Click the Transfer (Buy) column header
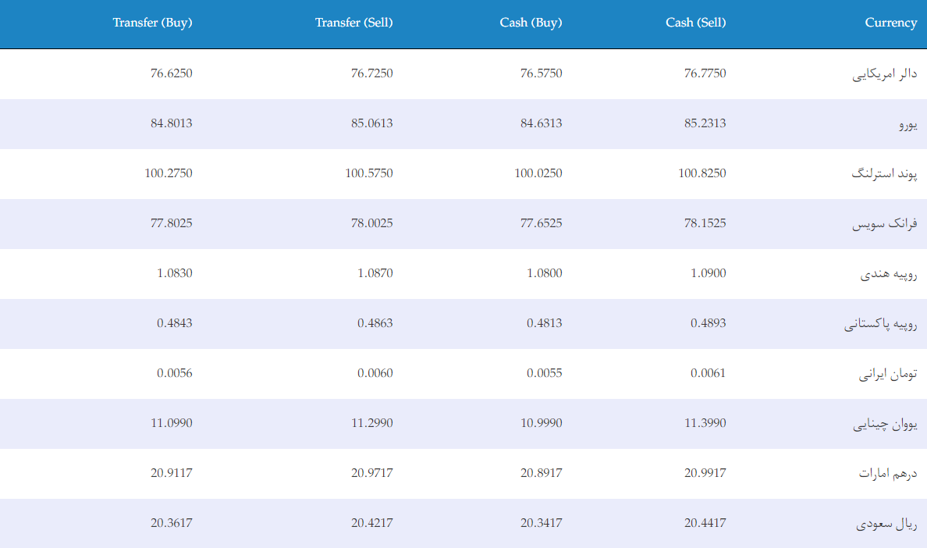tap(152, 23)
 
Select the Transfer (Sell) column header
tap(353, 23)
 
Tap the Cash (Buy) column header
tap(531, 23)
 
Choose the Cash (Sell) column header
tap(696, 23)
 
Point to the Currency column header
tap(891, 23)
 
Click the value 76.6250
tap(172, 73)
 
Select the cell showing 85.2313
tap(705, 123)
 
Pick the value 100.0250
tap(538, 173)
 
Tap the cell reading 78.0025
tap(372, 223)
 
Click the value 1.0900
tap(709, 273)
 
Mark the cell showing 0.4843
tap(175, 323)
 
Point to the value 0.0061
tap(709, 373)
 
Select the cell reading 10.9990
tap(542, 423)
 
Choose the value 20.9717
tap(372, 473)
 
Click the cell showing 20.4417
tap(705, 523)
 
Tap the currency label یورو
tap(908, 125)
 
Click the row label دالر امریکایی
tap(884, 74)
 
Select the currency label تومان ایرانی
tap(888, 374)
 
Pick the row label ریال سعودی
tap(886, 524)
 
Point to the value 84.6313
tap(542, 123)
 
